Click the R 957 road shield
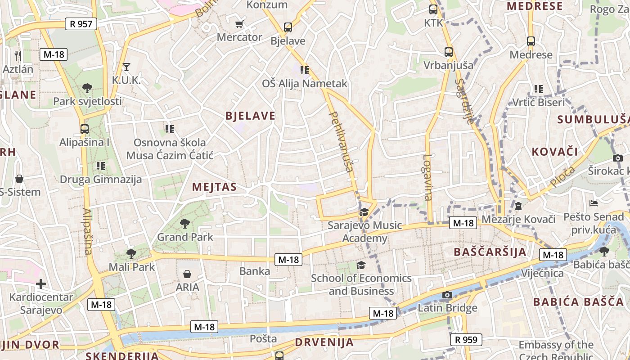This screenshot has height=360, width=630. (81, 24)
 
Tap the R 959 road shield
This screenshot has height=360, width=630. (466, 340)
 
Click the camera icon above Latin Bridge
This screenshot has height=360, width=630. (447, 295)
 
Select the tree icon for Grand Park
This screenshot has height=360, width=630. (184, 223)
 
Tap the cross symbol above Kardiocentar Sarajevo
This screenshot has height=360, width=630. (41, 284)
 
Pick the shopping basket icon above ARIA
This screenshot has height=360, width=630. (187, 274)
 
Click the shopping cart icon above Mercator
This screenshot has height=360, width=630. (239, 24)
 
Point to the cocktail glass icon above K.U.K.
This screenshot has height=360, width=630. (126, 67)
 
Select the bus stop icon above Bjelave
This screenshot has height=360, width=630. (288, 27)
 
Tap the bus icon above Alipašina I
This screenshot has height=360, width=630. (84, 129)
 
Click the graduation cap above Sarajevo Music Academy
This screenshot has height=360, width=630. (364, 212)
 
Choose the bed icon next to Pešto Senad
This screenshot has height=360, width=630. (594, 203)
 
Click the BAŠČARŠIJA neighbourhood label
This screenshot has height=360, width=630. (490, 252)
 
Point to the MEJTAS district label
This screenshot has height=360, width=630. (214, 187)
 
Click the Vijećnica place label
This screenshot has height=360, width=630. (542, 273)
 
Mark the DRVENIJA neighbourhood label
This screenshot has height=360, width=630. (324, 342)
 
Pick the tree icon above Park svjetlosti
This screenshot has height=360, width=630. (87, 88)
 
